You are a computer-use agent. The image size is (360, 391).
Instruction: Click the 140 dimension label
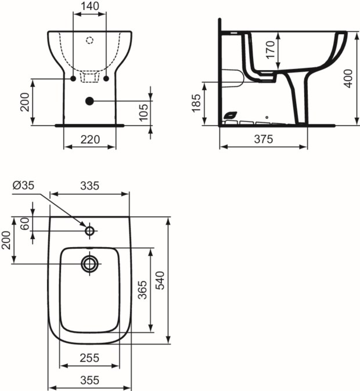tap(90, 6)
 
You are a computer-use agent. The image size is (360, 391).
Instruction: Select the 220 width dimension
tap(90, 139)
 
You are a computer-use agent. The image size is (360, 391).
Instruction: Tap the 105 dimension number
tap(144, 113)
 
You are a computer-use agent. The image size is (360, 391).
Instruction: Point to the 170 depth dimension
tap(271, 50)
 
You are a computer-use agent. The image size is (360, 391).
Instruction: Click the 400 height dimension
tap(348, 78)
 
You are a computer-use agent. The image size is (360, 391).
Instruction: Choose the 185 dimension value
tap(196, 103)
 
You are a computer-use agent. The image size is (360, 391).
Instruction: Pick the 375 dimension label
tap(264, 139)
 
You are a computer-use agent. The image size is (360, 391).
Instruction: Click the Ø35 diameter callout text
tap(23, 185)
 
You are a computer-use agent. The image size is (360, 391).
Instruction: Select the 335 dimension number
tap(90, 186)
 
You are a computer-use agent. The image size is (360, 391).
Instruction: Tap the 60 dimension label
tap(25, 224)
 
